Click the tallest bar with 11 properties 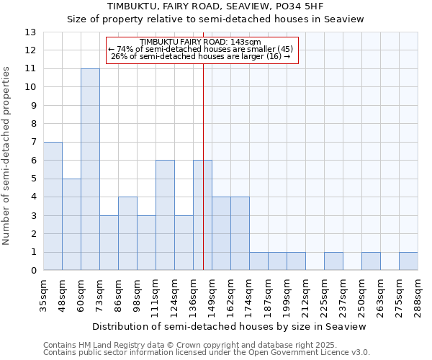(x=90, y=169)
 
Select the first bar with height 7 (x=53, y=206)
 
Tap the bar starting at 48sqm (x=71, y=224)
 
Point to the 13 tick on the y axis (x=30, y=32)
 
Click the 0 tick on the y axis (x=33, y=271)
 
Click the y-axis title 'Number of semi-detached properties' (x=7, y=156)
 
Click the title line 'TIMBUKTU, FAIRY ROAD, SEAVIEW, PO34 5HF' (x=215, y=6)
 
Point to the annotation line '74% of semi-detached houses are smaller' (x=201, y=49)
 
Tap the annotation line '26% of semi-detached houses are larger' (x=201, y=56)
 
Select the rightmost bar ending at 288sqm (x=408, y=261)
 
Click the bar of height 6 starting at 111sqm (x=165, y=215)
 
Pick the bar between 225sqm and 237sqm (x=333, y=261)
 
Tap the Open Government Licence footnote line (x=206, y=353)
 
